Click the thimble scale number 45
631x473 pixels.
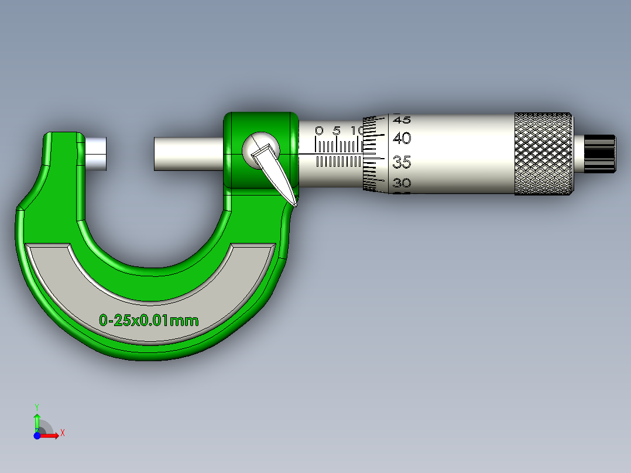[x=402, y=119]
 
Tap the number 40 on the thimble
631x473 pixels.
[x=402, y=139]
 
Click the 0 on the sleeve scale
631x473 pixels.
[x=319, y=130]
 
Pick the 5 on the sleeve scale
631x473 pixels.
[x=337, y=130]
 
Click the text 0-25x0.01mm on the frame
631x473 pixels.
[x=149, y=320]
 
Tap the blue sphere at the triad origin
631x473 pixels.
[x=37, y=436]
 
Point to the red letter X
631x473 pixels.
[x=62, y=433]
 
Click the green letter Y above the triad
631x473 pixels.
[x=36, y=406]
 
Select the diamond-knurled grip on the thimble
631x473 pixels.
[x=543, y=153]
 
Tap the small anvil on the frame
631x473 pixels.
[x=95, y=153]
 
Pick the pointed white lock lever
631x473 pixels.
[x=275, y=173]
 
